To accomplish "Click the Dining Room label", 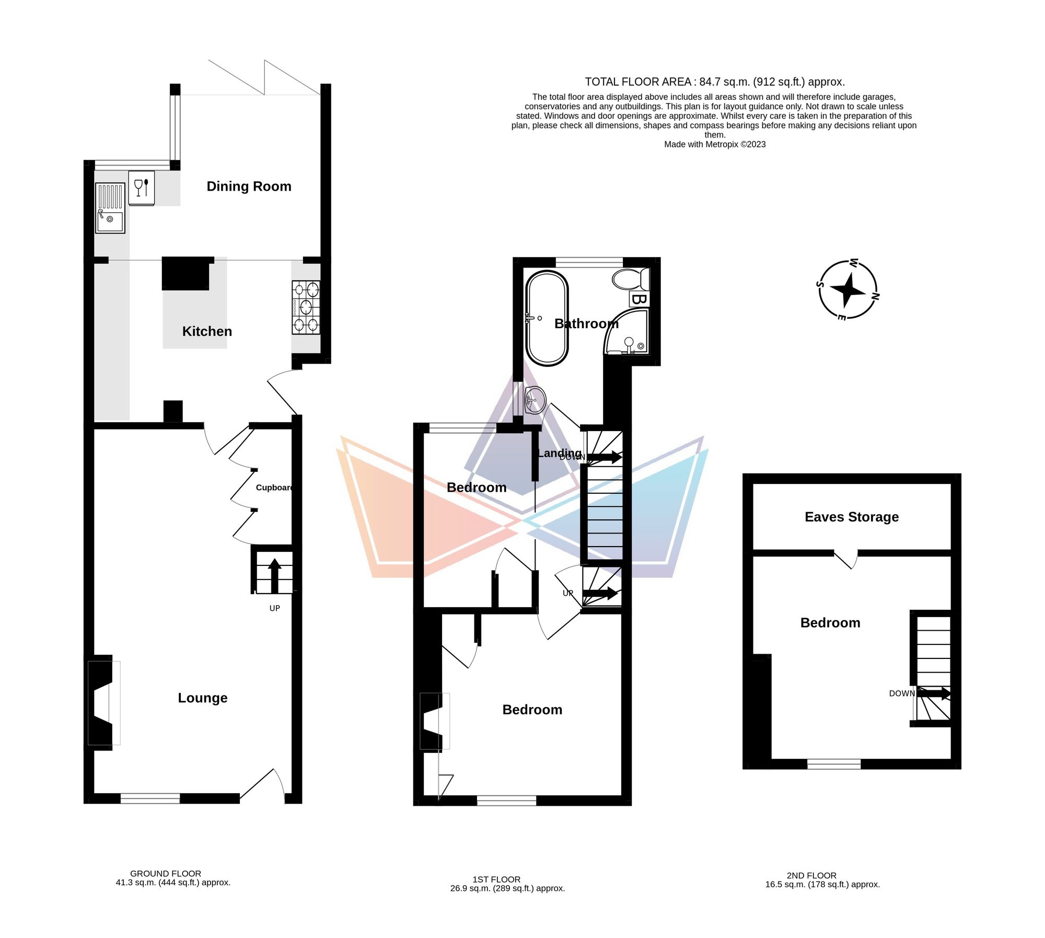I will (249, 187).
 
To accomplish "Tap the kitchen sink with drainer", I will (110, 207).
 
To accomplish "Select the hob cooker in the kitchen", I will (306, 307).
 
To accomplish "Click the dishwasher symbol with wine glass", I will (142, 187).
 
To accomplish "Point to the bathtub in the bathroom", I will (547, 318).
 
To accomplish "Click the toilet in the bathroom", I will (629, 280).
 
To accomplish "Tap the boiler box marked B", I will (639, 299).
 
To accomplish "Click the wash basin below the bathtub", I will (535, 401).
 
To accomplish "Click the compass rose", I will (847, 289).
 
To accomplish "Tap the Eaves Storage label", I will (852, 517).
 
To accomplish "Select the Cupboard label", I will (274, 488).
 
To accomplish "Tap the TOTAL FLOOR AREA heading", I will (714, 82).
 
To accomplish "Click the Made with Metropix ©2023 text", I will (714, 144).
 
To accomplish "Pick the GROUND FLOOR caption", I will (166, 874).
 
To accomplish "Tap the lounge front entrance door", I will (264, 786).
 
